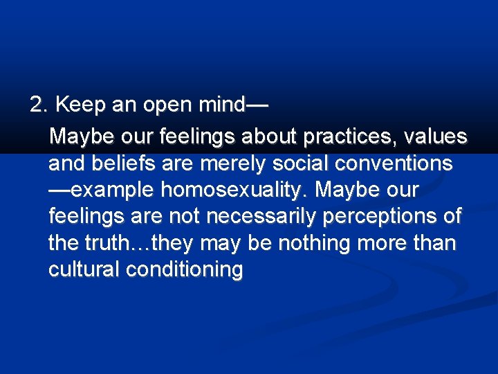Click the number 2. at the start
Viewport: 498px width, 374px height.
click(x=39, y=105)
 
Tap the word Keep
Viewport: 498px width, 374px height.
click(x=77, y=105)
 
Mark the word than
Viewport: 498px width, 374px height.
click(x=434, y=244)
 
